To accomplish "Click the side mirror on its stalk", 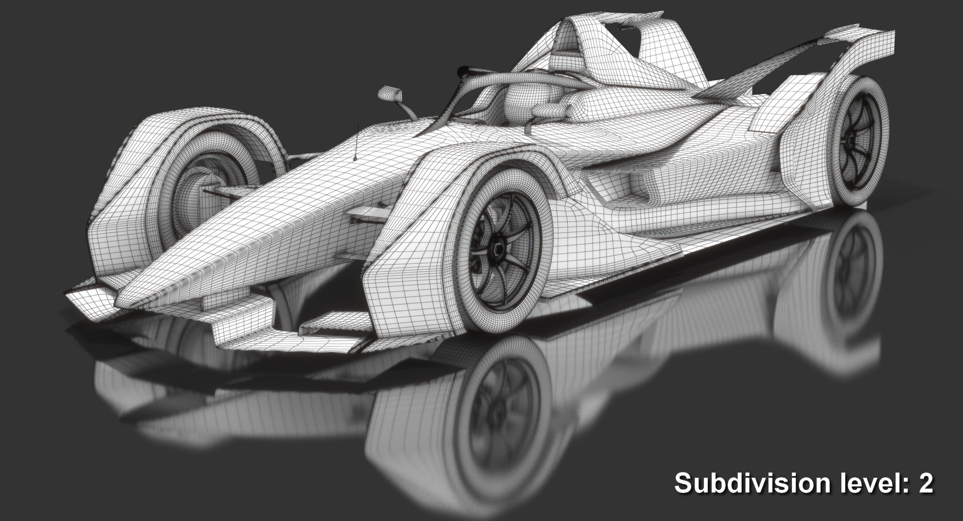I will click(x=389, y=93).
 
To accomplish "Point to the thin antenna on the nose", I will click(x=356, y=143).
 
